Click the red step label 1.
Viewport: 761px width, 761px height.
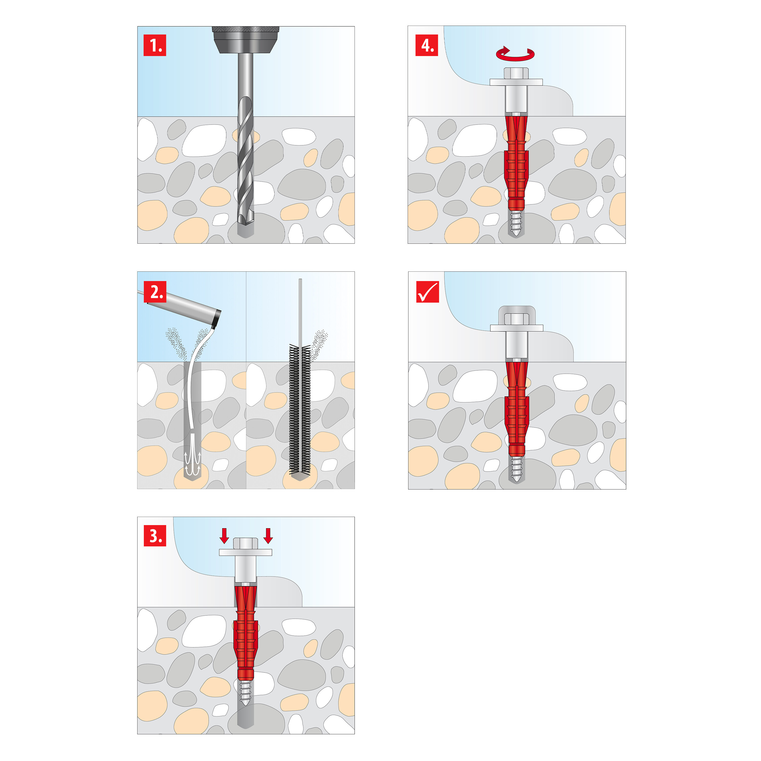click(x=154, y=45)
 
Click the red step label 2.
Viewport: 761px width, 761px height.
click(x=155, y=292)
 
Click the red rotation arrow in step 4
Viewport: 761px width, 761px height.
click(x=515, y=54)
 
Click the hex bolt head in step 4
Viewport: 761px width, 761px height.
click(x=516, y=73)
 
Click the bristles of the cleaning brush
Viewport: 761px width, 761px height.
click(x=300, y=410)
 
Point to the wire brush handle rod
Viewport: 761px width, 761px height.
click(x=300, y=311)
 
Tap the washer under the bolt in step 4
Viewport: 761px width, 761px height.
click(x=516, y=82)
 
